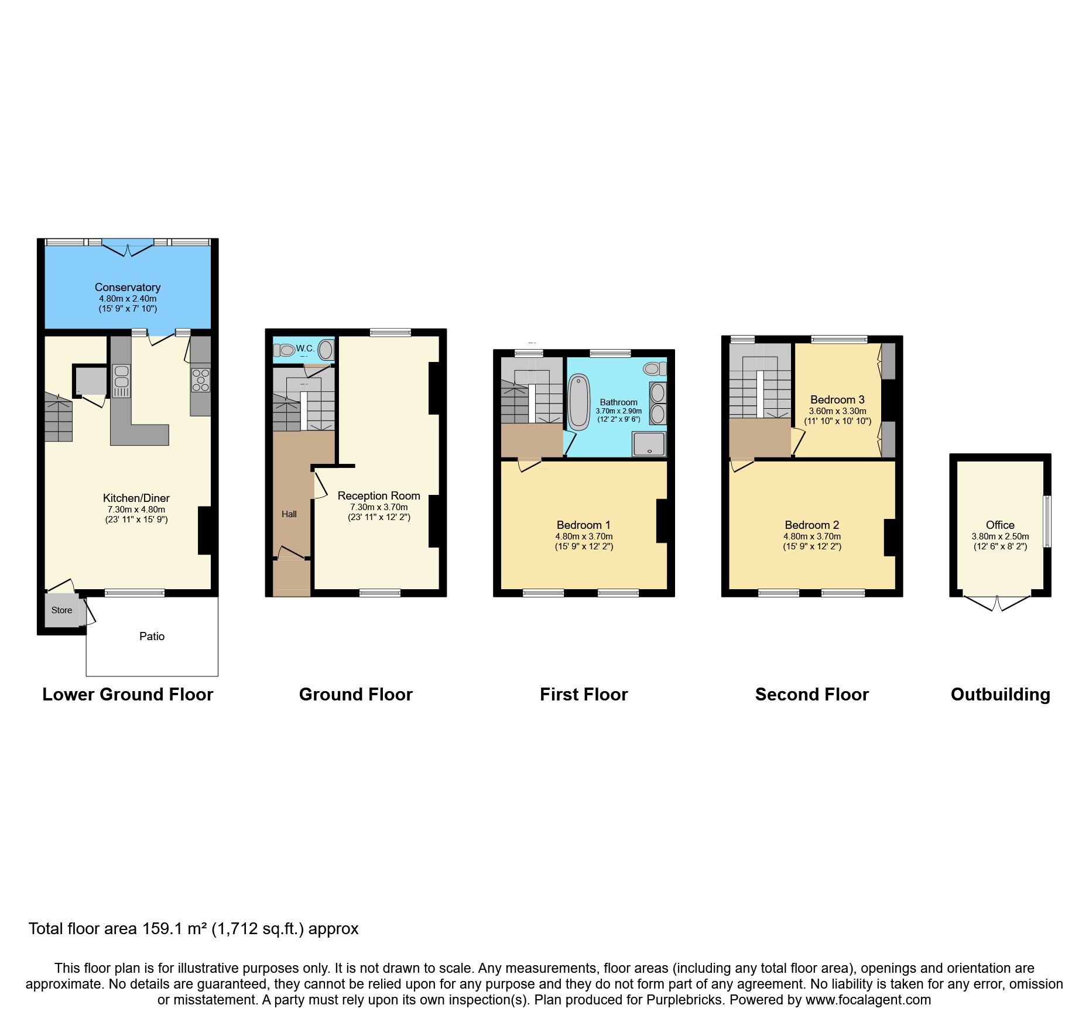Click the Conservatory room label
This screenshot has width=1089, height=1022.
tap(128, 288)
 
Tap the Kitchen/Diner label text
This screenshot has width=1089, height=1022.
tap(136, 498)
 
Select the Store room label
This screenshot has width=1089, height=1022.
tap(61, 610)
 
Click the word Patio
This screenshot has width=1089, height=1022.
tap(152, 637)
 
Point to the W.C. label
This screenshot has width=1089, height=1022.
tap(305, 348)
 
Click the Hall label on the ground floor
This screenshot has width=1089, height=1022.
tap(289, 514)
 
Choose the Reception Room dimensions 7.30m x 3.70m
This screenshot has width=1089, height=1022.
tap(379, 507)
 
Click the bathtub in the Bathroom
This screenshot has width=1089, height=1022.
tap(579, 402)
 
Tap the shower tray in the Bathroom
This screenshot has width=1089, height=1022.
tap(649, 444)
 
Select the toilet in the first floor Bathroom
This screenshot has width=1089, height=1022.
tap(654, 368)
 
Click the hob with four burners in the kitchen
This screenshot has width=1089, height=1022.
tap(200, 380)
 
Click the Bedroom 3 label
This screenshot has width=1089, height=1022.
tap(837, 400)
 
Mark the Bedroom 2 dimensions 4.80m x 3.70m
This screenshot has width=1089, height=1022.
tap(812, 536)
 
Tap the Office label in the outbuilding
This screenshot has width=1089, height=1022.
tap(1000, 525)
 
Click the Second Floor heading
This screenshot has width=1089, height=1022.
tap(811, 695)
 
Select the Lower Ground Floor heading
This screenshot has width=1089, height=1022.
tap(128, 695)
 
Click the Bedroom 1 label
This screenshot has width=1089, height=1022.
tap(583, 525)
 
